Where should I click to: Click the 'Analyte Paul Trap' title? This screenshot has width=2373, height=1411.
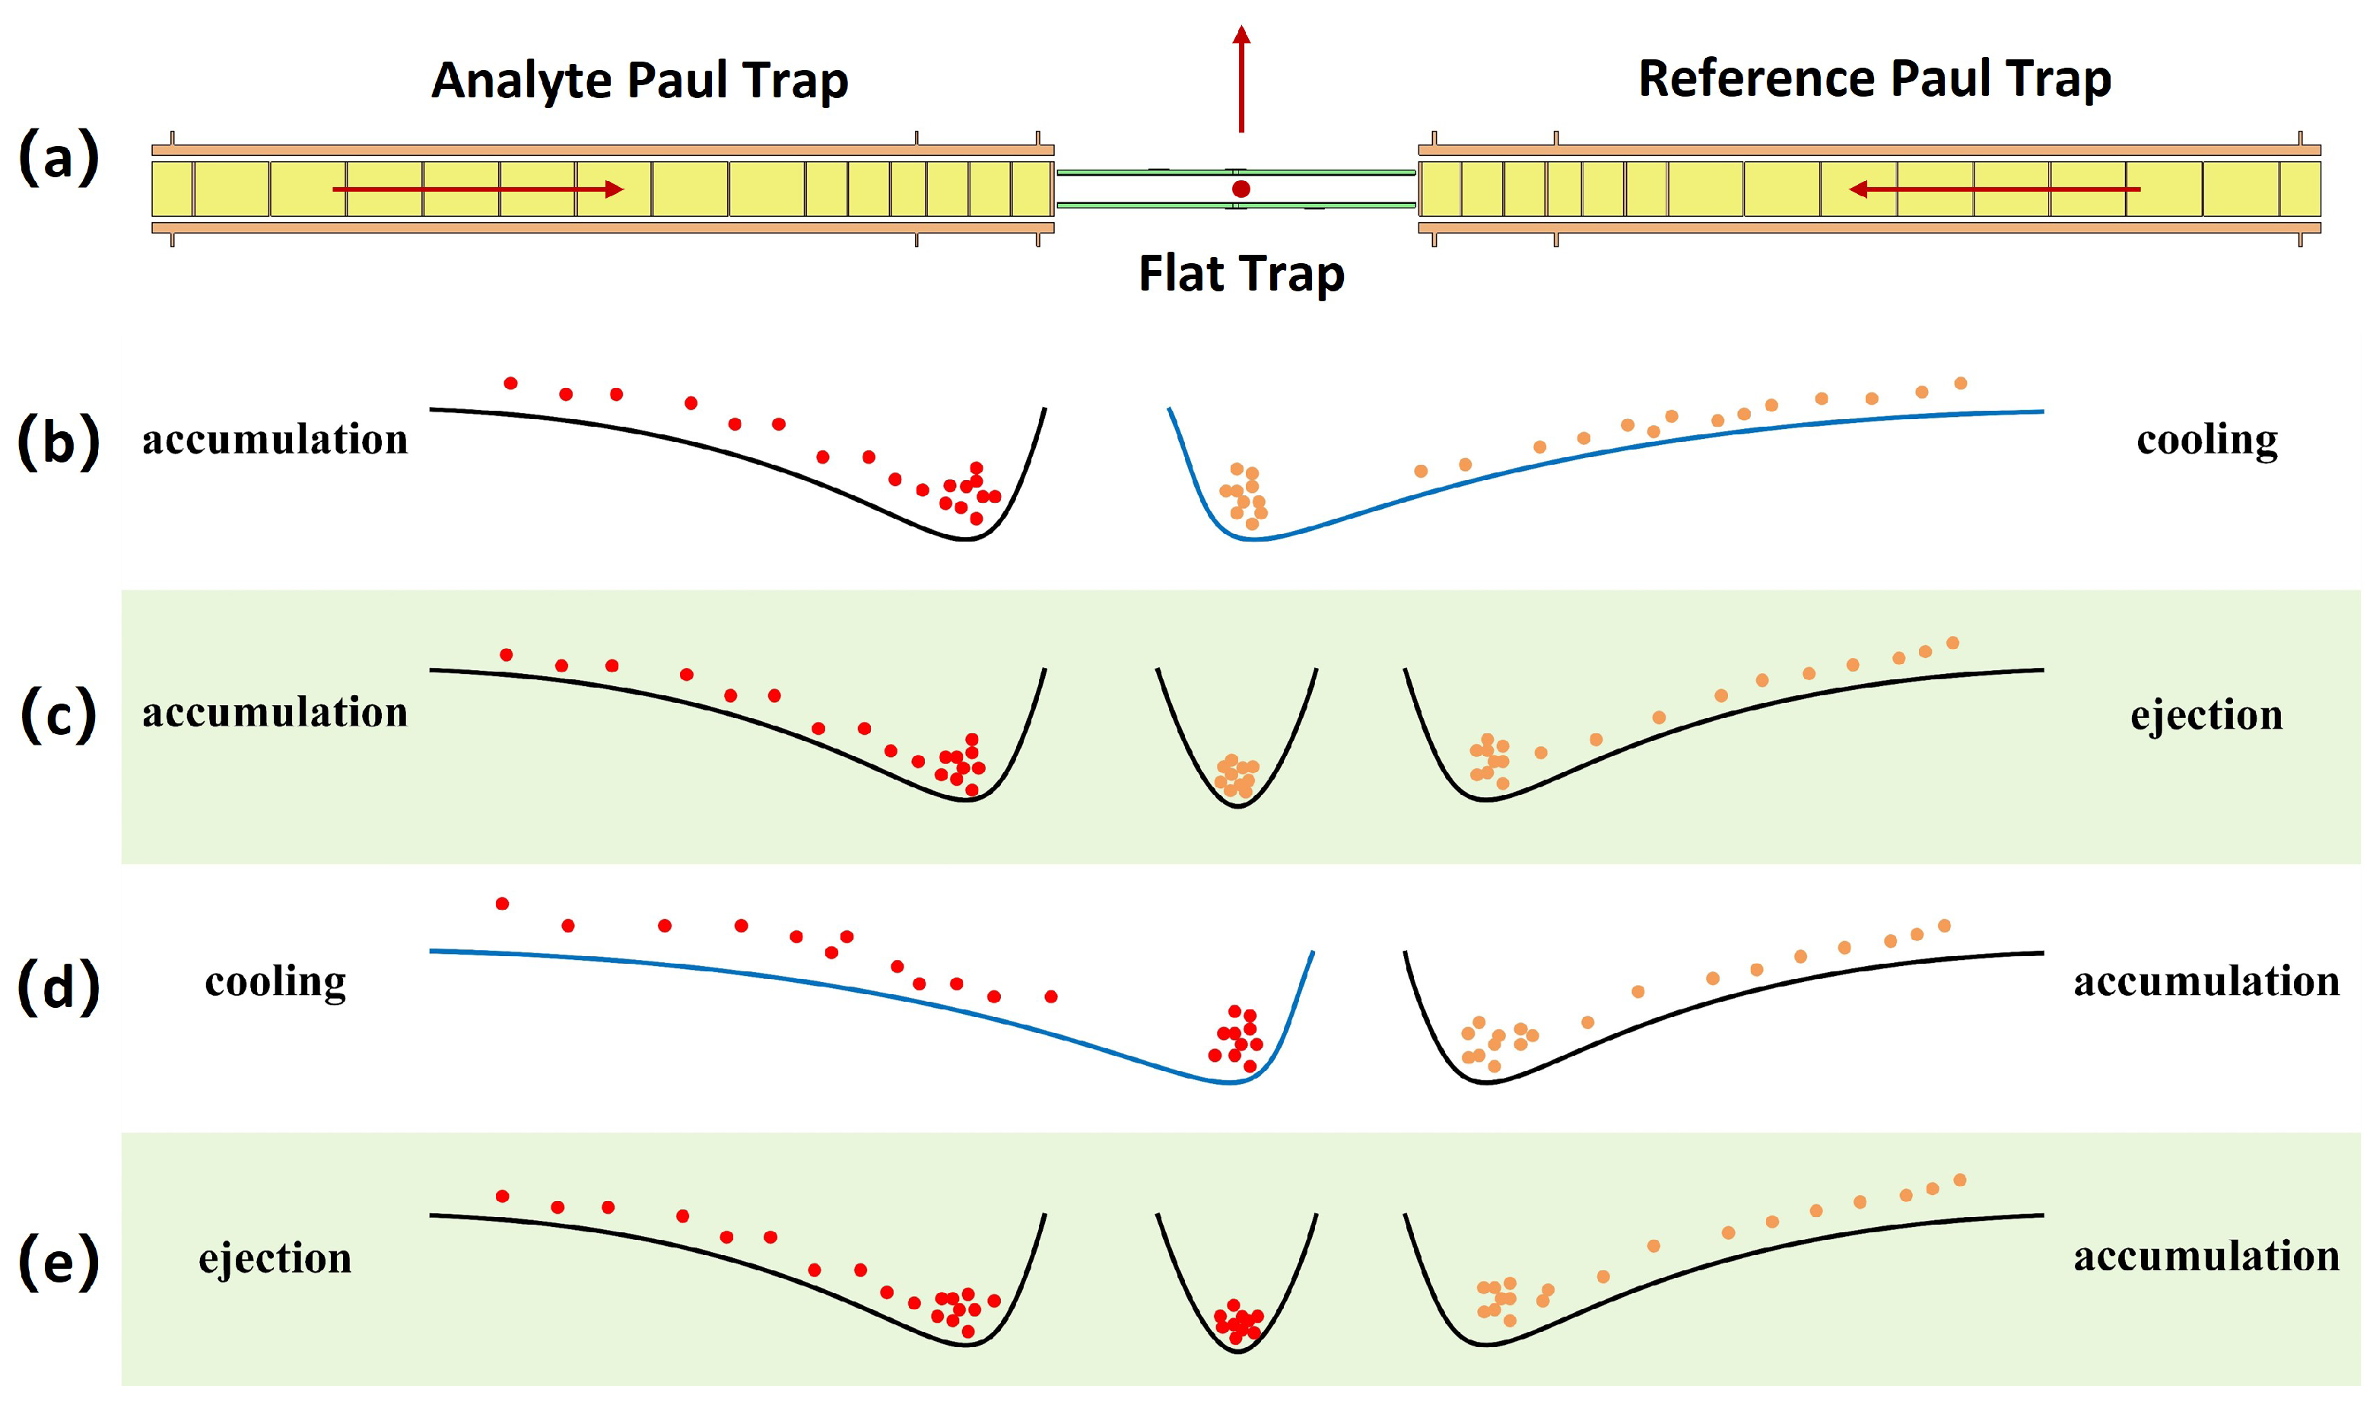(639, 81)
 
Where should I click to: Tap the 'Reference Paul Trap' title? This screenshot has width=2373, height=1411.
(1874, 79)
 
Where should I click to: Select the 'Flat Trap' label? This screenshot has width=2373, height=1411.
(1241, 274)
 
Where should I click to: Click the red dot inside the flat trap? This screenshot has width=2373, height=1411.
(1241, 189)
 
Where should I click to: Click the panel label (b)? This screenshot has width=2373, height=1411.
(59, 442)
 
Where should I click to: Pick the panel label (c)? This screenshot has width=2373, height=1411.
(59, 715)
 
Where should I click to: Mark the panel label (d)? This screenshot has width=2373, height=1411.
(59, 987)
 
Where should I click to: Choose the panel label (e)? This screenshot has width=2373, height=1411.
(59, 1262)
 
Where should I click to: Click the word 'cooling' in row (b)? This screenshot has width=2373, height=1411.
(2206, 440)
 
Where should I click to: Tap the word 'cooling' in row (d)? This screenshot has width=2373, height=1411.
(275, 982)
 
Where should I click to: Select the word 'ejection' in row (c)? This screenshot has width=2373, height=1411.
(2206, 715)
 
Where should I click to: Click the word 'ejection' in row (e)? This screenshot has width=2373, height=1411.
(275, 1259)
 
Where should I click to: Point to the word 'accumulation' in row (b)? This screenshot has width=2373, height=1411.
(275, 440)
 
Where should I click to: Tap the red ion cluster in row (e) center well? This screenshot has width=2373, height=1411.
(1238, 1323)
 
